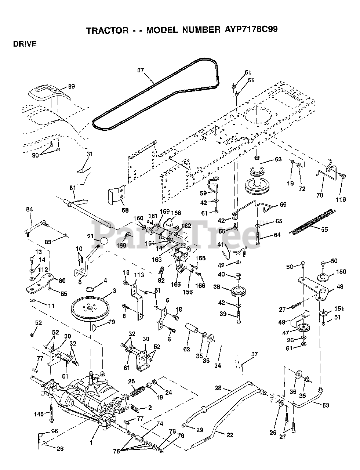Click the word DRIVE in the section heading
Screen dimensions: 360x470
pyautogui.click(x=25, y=44)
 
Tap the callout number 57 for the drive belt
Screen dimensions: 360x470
pyautogui.click(x=141, y=70)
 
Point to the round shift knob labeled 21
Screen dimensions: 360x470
pyautogui.click(x=104, y=241)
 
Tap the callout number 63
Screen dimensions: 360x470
pyautogui.click(x=278, y=159)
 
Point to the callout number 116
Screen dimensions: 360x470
pyautogui.click(x=341, y=199)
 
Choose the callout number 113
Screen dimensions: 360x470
pyautogui.click(x=139, y=275)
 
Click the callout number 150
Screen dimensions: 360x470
pyautogui.click(x=341, y=271)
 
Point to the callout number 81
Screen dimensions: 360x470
pyautogui.click(x=73, y=188)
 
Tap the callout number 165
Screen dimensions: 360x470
pyautogui.click(x=175, y=284)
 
